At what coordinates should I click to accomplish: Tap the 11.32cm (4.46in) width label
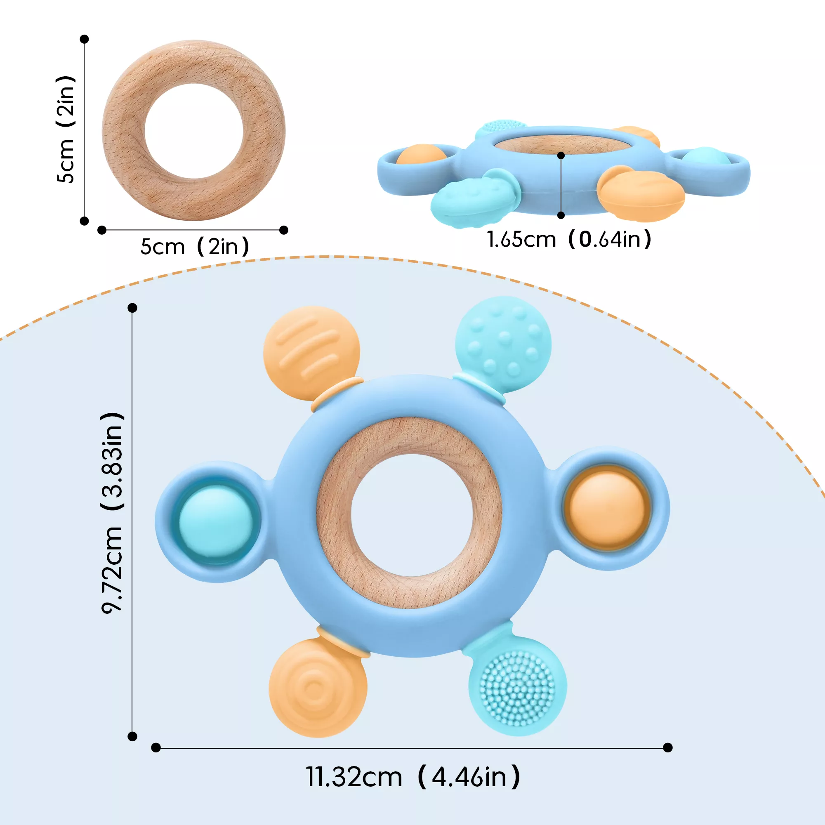coord(413,777)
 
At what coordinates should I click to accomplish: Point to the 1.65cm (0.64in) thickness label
coord(569,239)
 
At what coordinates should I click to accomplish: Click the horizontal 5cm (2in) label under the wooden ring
coord(195,247)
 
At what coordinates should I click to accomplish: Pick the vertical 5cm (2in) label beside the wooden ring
coord(66,130)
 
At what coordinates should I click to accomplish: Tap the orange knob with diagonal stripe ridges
coord(312,353)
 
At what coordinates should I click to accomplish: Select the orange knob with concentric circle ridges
coord(318,688)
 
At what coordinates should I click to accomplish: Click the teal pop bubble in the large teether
coord(216,522)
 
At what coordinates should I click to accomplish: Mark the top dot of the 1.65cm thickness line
coord(561,156)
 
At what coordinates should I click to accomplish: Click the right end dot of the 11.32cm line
coord(668,747)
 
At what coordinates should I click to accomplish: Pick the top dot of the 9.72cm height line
coord(132,307)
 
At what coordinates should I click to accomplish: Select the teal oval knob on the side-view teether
coord(474,197)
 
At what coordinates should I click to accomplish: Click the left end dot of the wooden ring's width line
coord(101,230)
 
